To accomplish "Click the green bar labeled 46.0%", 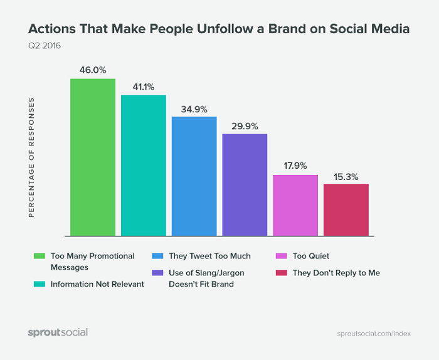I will [x=92, y=157].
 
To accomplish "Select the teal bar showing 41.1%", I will [x=143, y=165].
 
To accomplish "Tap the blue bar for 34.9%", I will [x=194, y=176].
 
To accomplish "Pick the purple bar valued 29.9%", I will [x=245, y=184].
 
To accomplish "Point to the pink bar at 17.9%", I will [x=295, y=205].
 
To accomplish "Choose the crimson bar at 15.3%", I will [x=346, y=209].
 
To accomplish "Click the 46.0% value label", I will [x=92, y=69].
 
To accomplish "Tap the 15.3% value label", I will [x=346, y=176].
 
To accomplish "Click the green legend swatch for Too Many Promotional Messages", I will [x=39, y=256].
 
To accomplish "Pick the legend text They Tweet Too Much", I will [x=209, y=256].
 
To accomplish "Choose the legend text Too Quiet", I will [x=310, y=256].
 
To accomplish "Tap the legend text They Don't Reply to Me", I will [x=336, y=273].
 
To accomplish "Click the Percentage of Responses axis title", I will [x=31, y=157].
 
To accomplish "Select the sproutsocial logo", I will [x=58, y=332].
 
